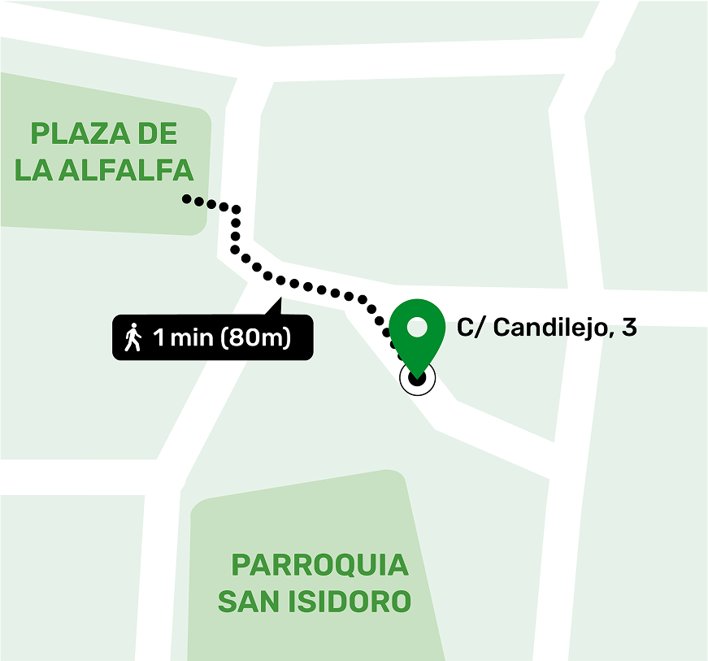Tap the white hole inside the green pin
pyautogui.click(x=417, y=328)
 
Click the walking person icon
pyautogui.click(x=132, y=337)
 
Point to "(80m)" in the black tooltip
pyautogui.click(x=255, y=337)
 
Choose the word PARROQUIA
pyautogui.click(x=319, y=564)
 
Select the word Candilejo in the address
pyautogui.click(x=549, y=328)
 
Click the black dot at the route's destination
pyautogui.click(x=417, y=377)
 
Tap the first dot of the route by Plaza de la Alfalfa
pyautogui.click(x=186, y=198)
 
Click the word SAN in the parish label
pyautogui.click(x=249, y=602)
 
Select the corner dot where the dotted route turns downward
pyautogui.click(x=236, y=210)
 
